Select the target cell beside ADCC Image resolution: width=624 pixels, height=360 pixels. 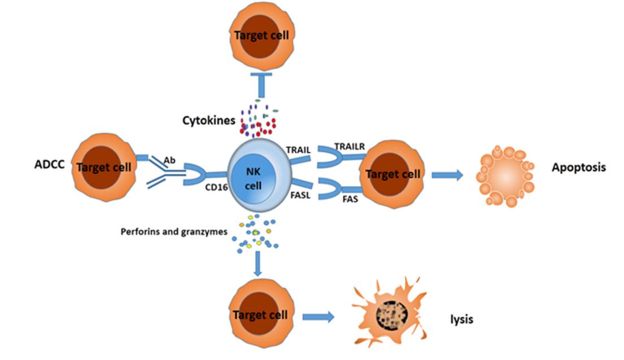point(104,166)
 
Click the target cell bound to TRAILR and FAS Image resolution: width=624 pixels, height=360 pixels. point(393,174)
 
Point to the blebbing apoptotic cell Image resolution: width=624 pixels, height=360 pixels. point(504,177)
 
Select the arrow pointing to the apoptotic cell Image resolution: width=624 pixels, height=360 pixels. point(447,175)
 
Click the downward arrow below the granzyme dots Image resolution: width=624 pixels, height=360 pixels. point(258,264)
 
